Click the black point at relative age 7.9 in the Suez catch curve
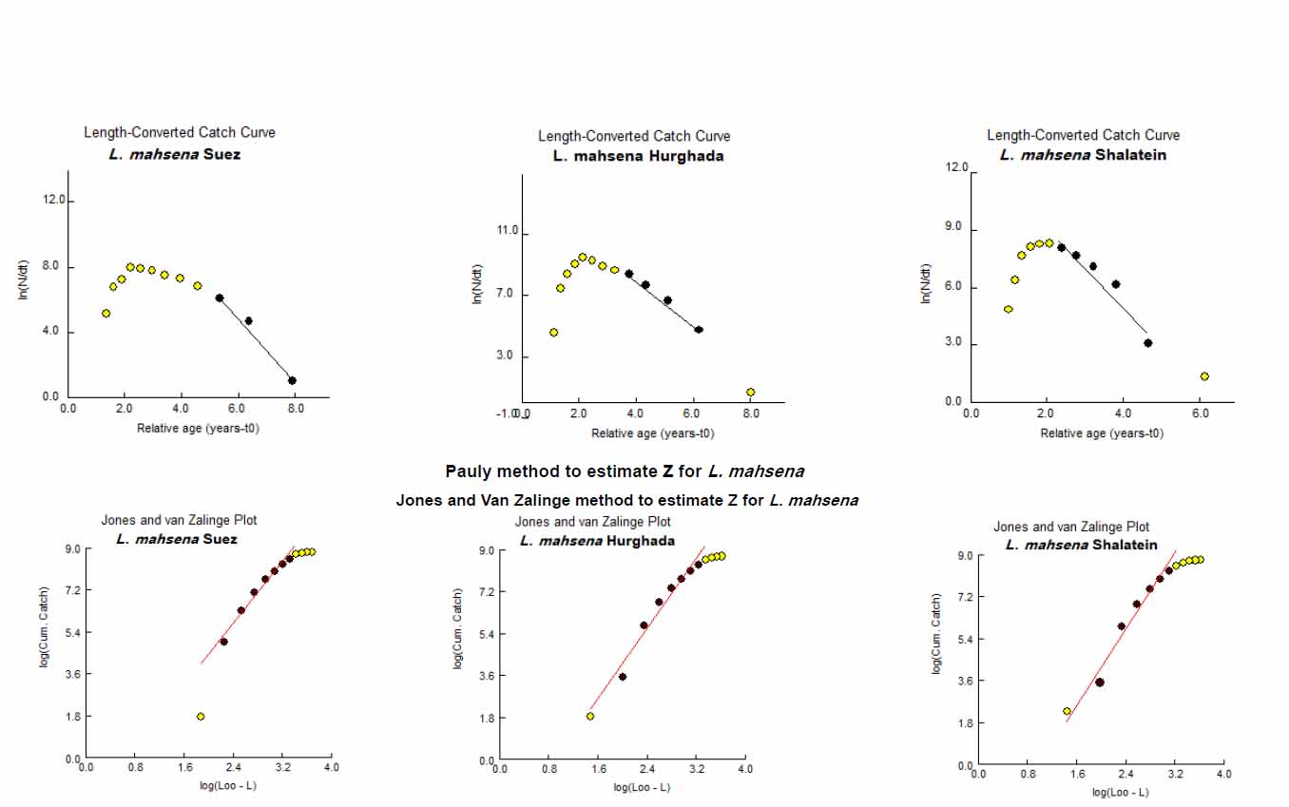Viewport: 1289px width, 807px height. point(292,380)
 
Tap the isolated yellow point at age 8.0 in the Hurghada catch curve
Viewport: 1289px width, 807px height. point(750,392)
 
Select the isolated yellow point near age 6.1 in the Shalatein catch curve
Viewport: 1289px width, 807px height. point(1203,376)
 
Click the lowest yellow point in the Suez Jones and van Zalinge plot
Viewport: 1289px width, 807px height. point(201,716)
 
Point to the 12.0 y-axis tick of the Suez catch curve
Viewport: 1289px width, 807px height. point(53,200)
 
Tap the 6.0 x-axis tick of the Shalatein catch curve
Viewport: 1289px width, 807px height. point(1199,414)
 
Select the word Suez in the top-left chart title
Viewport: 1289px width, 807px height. point(221,154)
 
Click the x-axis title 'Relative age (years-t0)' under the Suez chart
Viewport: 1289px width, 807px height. point(199,428)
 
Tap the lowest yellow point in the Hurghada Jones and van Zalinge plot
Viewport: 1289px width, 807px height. point(589,716)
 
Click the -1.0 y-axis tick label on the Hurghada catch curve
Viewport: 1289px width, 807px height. point(506,414)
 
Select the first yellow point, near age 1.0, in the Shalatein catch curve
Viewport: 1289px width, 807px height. point(1008,309)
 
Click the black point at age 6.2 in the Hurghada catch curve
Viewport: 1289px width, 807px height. point(698,329)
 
